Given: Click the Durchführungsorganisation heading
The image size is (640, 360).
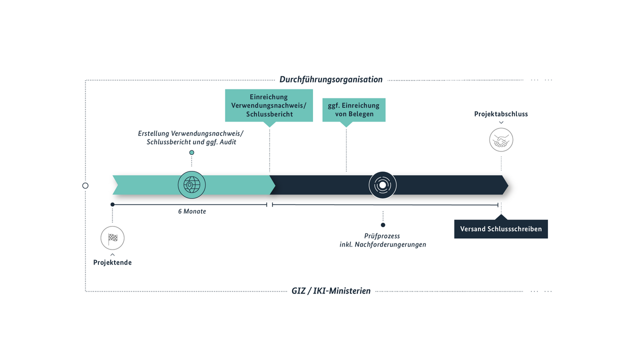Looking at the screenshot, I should [x=331, y=79].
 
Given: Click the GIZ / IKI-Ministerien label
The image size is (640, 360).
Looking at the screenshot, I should [x=331, y=290].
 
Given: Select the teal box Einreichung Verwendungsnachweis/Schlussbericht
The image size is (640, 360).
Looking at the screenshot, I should [x=269, y=105].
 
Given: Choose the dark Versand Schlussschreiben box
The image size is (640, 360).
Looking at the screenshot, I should [x=501, y=229].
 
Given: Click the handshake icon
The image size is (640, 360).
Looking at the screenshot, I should [x=501, y=140].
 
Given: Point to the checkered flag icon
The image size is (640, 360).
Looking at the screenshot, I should [x=112, y=238].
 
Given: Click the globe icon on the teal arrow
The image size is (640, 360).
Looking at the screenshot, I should [x=191, y=185].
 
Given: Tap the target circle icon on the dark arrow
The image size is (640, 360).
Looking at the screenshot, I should [x=382, y=185].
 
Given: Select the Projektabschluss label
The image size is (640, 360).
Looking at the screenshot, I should [x=501, y=114].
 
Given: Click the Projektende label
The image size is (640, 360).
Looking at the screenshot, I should [x=112, y=262].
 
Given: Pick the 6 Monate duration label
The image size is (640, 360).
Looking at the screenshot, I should [x=192, y=211].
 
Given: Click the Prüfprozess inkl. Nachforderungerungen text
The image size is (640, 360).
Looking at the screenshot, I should [x=382, y=240].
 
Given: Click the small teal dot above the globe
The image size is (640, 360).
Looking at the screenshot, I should [x=191, y=152].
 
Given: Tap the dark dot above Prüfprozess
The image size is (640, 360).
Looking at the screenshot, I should [x=383, y=225].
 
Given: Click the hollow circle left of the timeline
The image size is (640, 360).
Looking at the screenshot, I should [x=85, y=185].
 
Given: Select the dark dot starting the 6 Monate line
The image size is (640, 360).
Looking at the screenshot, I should [x=112, y=204].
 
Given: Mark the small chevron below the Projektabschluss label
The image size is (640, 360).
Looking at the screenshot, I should [x=501, y=122].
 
